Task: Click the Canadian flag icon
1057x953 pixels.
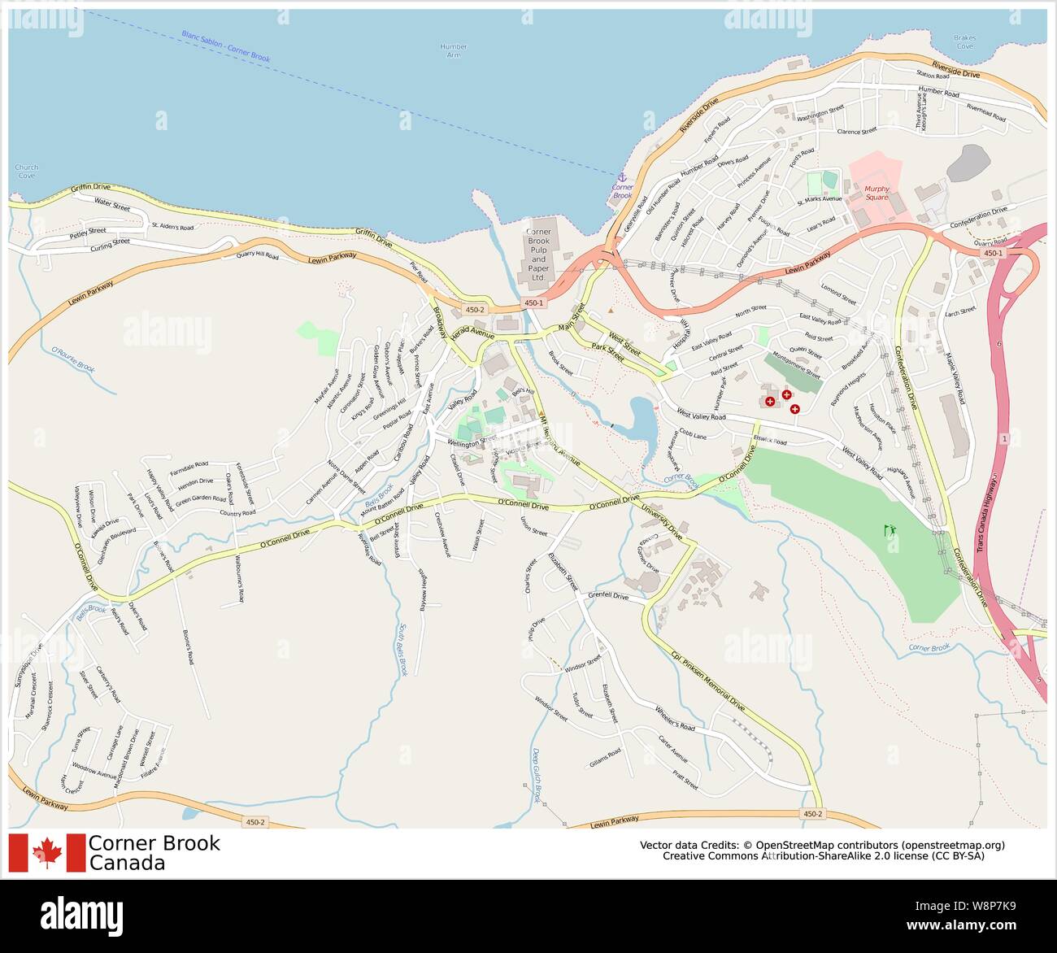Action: pyautogui.click(x=47, y=852)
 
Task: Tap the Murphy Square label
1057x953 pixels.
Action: pyautogui.click(x=876, y=193)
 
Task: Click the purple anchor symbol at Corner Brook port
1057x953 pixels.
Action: pyautogui.click(x=622, y=177)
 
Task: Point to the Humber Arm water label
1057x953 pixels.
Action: pyautogui.click(x=453, y=50)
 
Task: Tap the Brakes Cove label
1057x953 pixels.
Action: pyautogui.click(x=964, y=42)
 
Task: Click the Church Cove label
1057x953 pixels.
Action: pyautogui.click(x=27, y=171)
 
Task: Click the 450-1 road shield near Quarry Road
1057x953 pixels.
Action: pyautogui.click(x=993, y=254)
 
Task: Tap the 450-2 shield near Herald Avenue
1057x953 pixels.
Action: pyautogui.click(x=475, y=309)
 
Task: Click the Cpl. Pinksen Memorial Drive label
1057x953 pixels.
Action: pyautogui.click(x=707, y=681)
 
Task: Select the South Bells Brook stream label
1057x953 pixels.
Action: pyautogui.click(x=402, y=650)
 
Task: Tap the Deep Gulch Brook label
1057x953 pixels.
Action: pyautogui.click(x=536, y=775)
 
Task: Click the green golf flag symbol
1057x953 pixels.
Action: pyautogui.click(x=889, y=531)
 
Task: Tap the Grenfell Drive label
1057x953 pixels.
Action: pyautogui.click(x=608, y=596)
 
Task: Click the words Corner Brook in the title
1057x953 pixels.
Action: pyautogui.click(x=154, y=843)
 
